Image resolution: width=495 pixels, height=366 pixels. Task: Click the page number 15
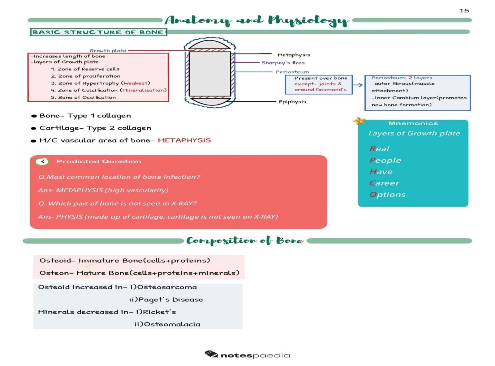coord(464,11)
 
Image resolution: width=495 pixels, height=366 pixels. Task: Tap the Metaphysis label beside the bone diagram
coord(294,55)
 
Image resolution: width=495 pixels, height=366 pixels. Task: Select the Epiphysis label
coord(292,102)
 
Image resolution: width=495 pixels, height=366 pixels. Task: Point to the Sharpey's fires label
coord(283,63)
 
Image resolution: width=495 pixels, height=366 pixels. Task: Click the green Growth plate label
coord(108,50)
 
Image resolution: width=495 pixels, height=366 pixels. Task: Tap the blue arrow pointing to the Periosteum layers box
coord(358,85)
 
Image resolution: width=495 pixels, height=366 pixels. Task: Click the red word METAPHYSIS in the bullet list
coord(184,140)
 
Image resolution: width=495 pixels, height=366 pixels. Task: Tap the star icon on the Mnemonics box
coord(359,121)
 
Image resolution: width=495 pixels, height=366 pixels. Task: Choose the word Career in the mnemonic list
coord(384,183)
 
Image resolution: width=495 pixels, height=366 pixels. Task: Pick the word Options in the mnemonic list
coord(387,194)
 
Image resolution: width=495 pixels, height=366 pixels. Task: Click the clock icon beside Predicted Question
coord(42,161)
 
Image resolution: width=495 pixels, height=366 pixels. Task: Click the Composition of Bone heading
coord(245,241)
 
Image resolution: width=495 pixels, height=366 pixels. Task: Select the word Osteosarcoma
coord(167,287)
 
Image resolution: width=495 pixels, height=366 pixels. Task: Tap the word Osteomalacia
coord(172,324)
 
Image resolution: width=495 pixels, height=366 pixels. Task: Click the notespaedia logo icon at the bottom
coord(211,354)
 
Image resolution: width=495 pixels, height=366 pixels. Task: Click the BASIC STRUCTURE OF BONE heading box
coord(98,32)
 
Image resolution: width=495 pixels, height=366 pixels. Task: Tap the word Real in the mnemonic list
coord(379,149)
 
